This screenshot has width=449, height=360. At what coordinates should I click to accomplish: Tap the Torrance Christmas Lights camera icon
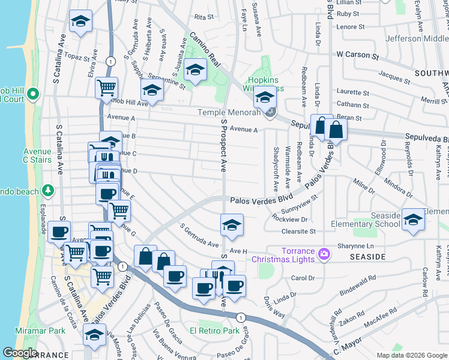point(324,254)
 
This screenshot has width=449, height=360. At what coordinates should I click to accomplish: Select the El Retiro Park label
point(214,331)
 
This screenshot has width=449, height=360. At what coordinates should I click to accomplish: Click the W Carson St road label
point(358,54)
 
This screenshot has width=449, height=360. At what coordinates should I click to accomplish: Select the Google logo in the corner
point(19,353)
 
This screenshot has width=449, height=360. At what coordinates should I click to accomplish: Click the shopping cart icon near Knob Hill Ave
point(106,88)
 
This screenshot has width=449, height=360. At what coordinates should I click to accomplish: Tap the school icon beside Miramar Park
point(94,337)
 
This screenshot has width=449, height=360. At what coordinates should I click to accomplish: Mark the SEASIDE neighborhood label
point(367,257)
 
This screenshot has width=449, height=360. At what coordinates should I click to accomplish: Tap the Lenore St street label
point(351,27)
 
